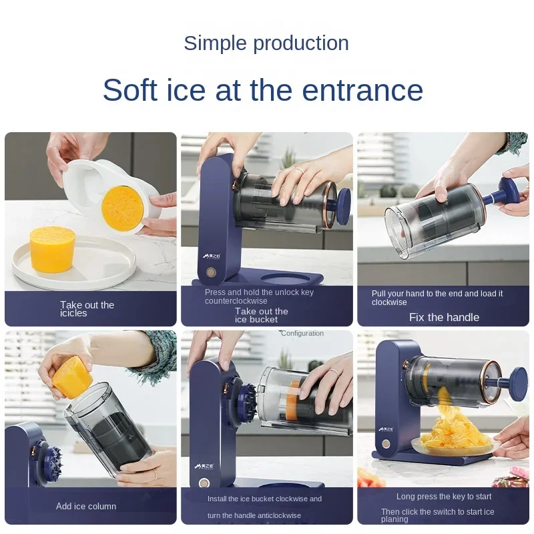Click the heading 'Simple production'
266,43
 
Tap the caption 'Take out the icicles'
87,309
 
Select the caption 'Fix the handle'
444,317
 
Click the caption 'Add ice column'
86,506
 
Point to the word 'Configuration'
302,333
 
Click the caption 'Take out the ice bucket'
261,315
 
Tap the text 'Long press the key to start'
444,496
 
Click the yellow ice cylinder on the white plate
51,248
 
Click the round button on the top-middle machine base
212,272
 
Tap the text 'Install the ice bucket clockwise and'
264,499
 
